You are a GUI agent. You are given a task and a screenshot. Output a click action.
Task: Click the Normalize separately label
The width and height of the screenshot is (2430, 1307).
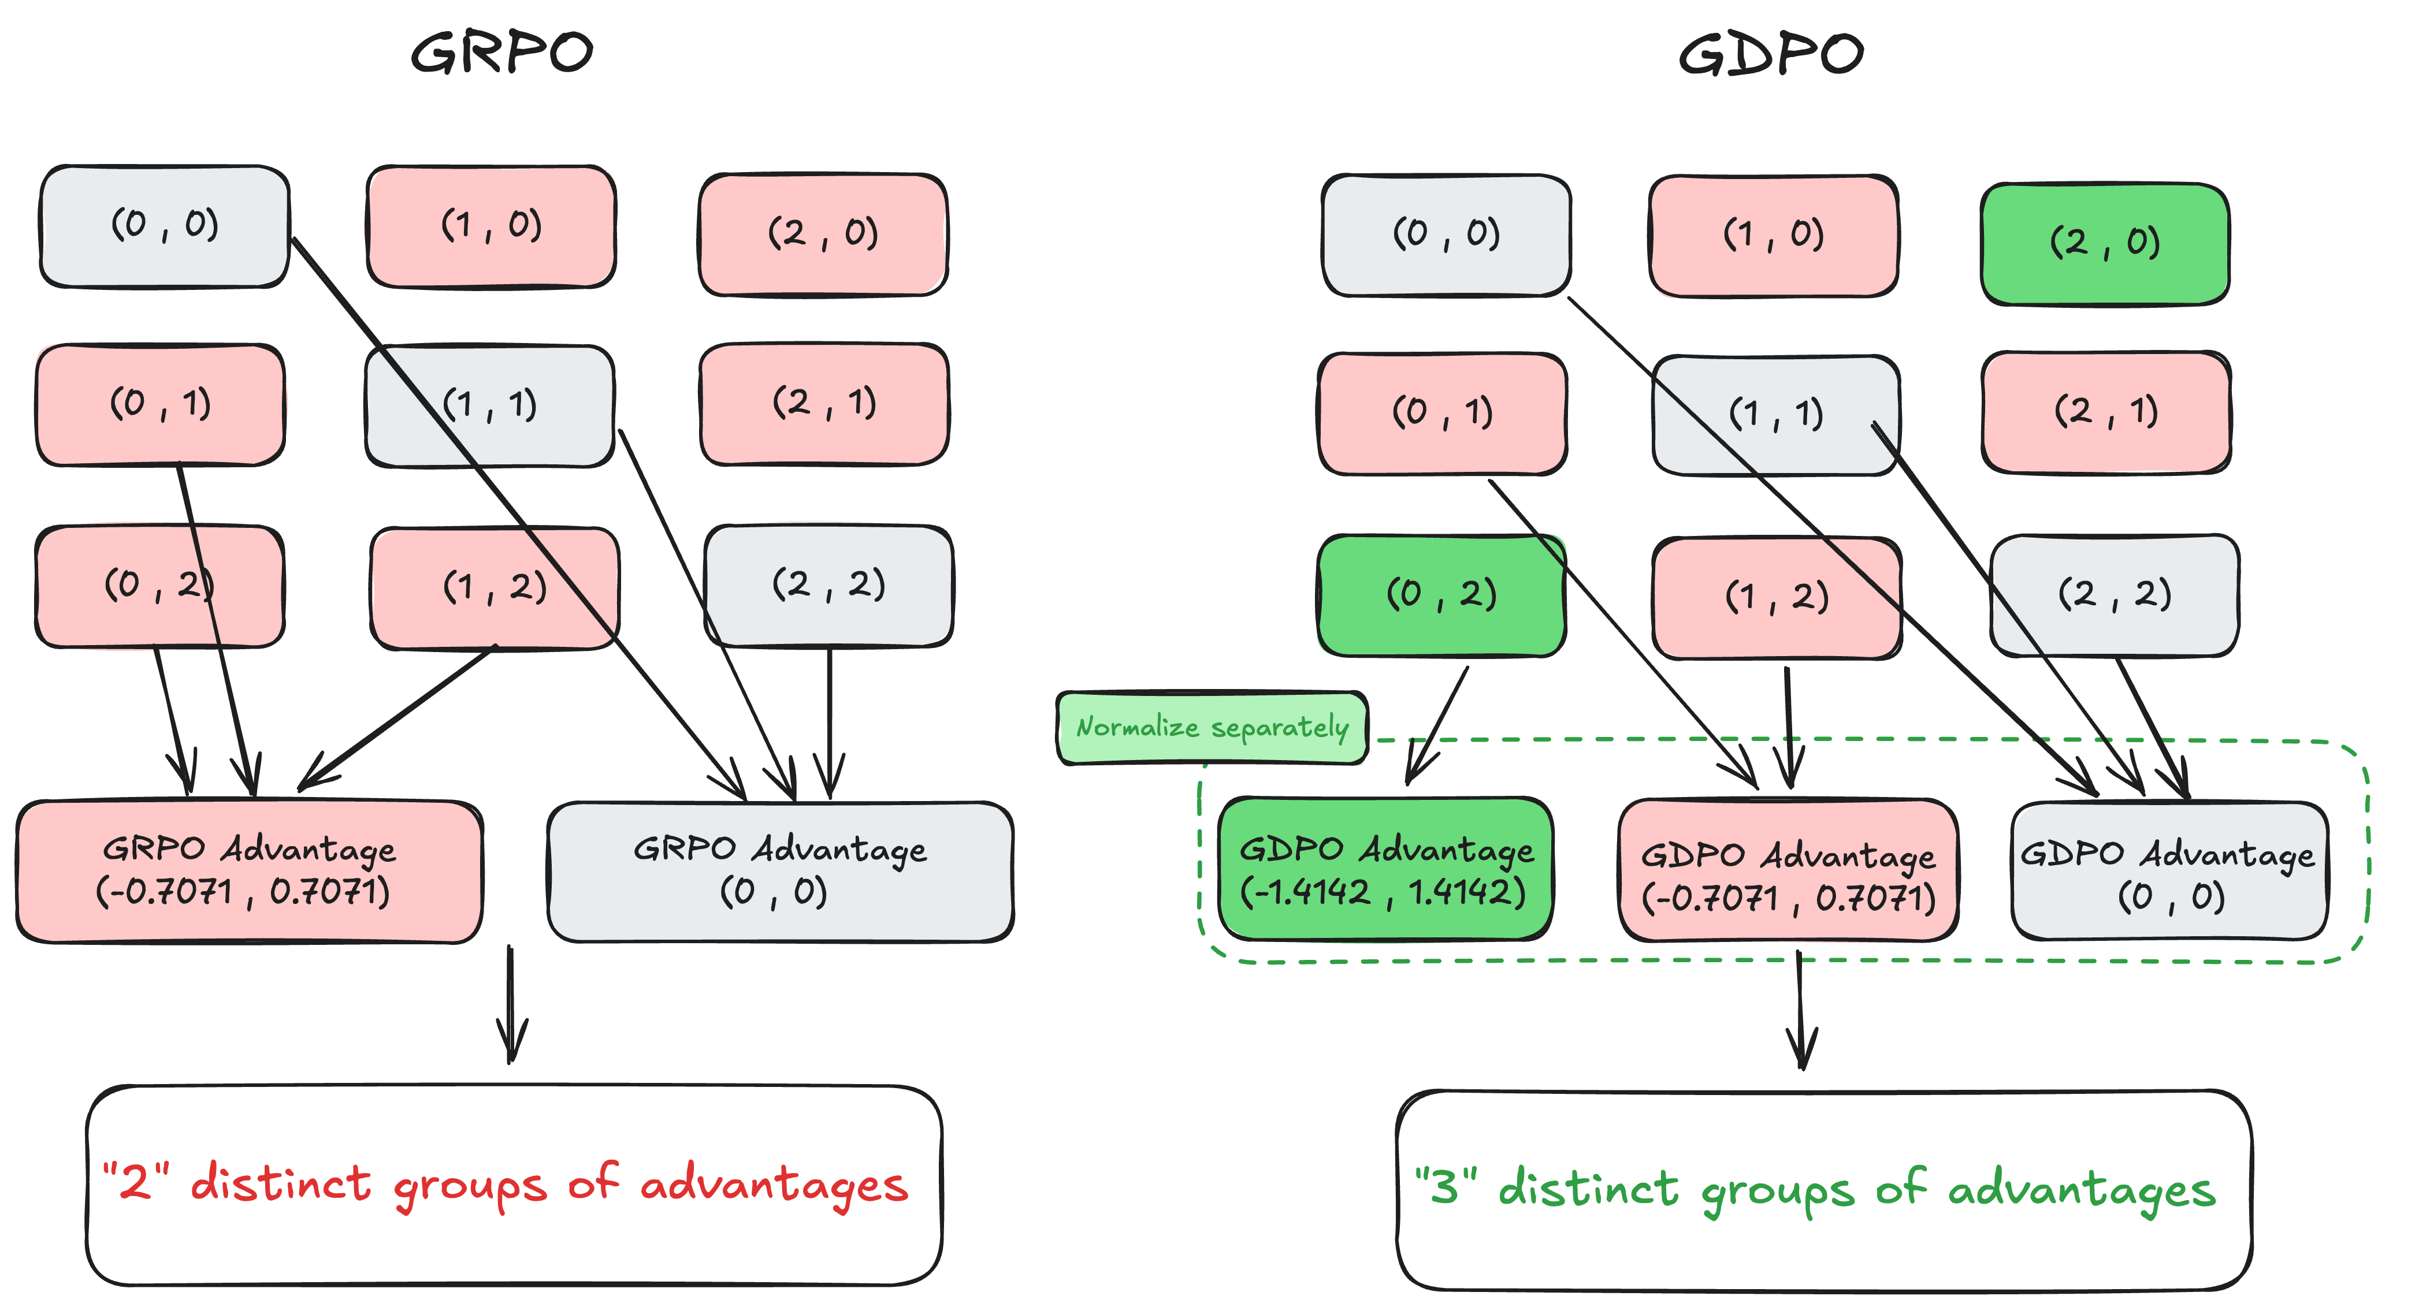point(1212,727)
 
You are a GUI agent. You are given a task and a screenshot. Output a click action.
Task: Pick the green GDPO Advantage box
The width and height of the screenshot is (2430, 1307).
point(1385,869)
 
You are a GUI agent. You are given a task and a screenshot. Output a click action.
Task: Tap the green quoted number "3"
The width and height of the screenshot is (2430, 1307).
point(1444,1186)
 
